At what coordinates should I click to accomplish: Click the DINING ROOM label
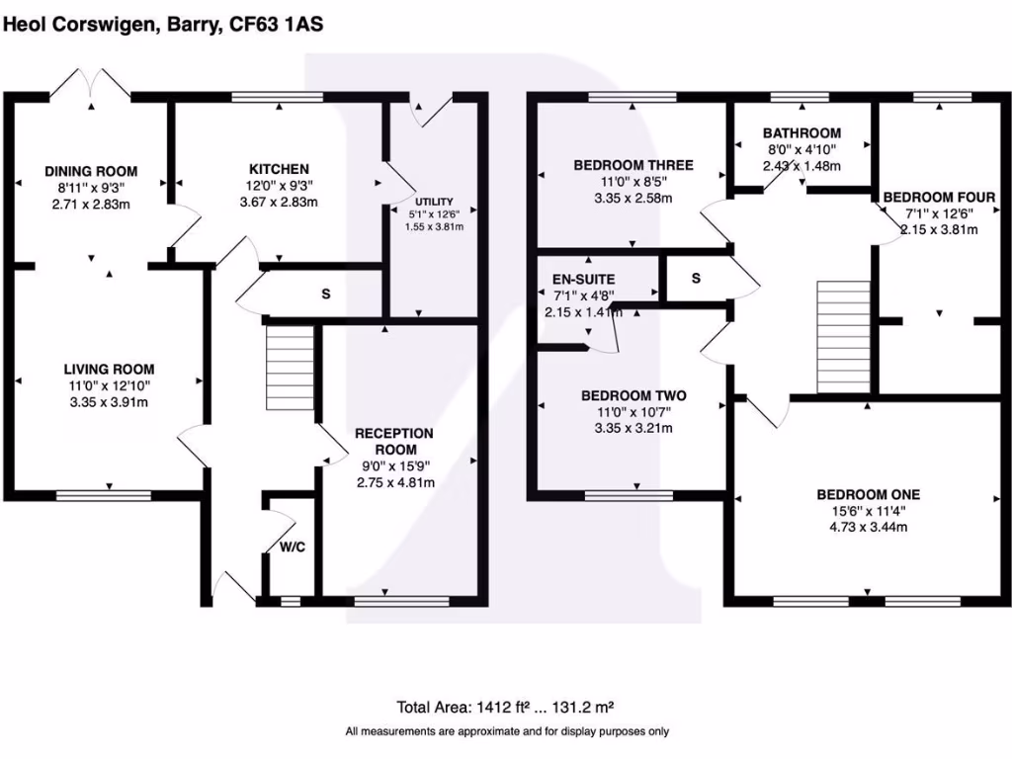click(91, 171)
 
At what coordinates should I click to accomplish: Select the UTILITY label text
click(434, 201)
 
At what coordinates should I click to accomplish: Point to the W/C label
click(291, 547)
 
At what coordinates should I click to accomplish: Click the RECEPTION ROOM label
click(394, 441)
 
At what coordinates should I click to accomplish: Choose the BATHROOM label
click(801, 133)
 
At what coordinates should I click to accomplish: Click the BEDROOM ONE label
click(868, 494)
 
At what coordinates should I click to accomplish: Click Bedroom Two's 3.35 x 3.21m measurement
click(633, 429)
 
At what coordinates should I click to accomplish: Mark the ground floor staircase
click(291, 368)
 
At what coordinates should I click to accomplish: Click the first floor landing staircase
click(843, 336)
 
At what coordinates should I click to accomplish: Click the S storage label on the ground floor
click(325, 295)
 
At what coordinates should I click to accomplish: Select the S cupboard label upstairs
click(696, 279)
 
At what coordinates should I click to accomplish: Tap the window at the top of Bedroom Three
click(632, 97)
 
